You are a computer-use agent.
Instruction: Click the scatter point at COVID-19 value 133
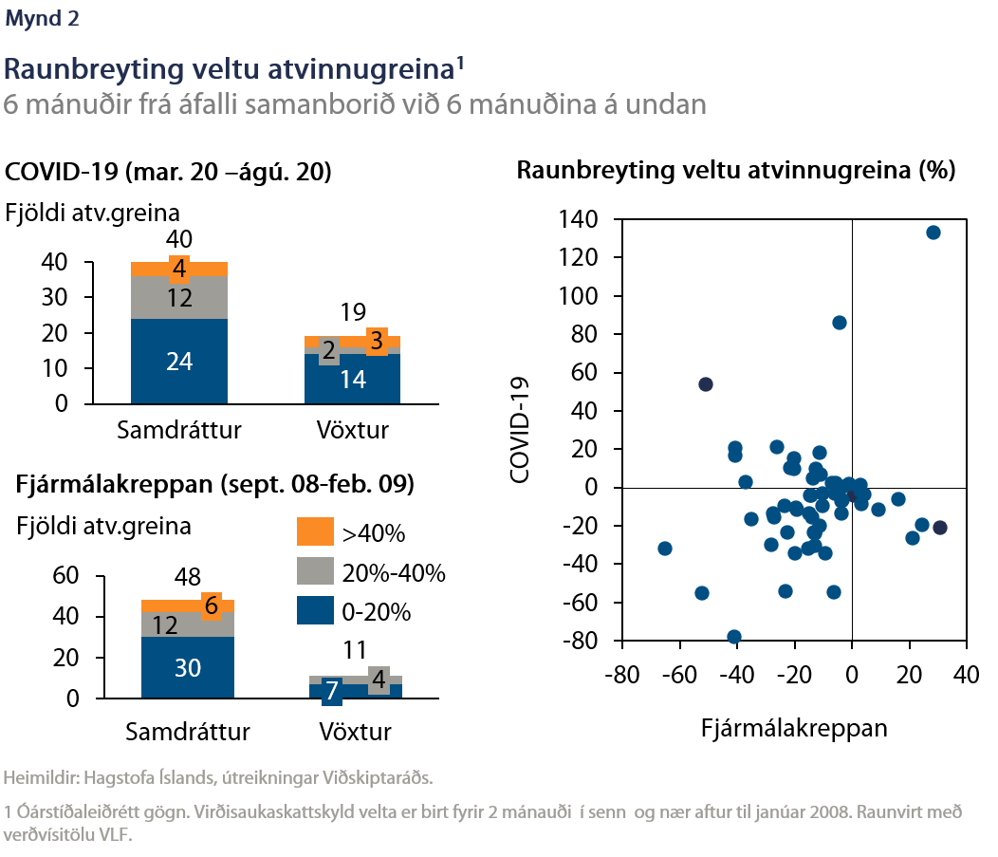coord(933,233)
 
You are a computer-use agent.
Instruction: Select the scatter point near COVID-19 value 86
coord(840,323)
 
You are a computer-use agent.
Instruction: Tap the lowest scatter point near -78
coord(734,637)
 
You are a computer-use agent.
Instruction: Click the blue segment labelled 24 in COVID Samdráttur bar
coord(179,361)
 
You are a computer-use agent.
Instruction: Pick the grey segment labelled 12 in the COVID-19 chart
coord(179,298)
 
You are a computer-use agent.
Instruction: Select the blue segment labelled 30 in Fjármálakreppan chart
coord(188,667)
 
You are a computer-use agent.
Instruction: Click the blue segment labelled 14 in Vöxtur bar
coord(352,379)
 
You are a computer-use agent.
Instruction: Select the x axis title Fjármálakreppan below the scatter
coord(794,727)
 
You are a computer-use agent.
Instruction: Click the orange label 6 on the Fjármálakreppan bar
coord(211,605)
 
